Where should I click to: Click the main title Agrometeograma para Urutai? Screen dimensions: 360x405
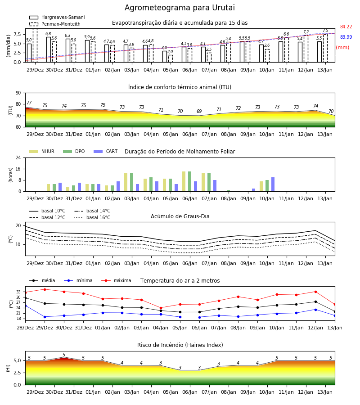180,8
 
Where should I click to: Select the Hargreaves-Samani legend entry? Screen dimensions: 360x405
57,17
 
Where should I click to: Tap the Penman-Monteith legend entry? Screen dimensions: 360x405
55,24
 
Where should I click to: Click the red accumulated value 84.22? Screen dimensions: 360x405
346,27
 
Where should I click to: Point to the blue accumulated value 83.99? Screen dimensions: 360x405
346,37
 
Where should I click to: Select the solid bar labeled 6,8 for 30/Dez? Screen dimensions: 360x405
49,49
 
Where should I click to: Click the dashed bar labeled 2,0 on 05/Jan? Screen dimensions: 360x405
171,58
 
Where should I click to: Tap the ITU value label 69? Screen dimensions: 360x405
199,111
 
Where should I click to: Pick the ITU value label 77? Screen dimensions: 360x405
29,103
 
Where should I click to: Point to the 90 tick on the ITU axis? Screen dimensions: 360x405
18,93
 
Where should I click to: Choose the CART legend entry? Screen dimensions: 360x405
105,151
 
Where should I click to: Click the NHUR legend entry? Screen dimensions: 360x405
41,151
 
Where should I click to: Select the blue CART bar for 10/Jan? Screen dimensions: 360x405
273,184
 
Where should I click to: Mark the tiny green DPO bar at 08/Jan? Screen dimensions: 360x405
228,191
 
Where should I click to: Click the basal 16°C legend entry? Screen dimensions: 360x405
92,217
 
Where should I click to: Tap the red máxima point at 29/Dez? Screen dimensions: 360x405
45,289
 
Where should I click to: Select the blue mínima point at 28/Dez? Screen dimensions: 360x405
26,306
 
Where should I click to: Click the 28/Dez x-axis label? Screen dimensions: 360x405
25,328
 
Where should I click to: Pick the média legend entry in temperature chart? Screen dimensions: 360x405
42,280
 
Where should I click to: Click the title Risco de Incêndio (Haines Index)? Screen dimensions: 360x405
180,345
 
